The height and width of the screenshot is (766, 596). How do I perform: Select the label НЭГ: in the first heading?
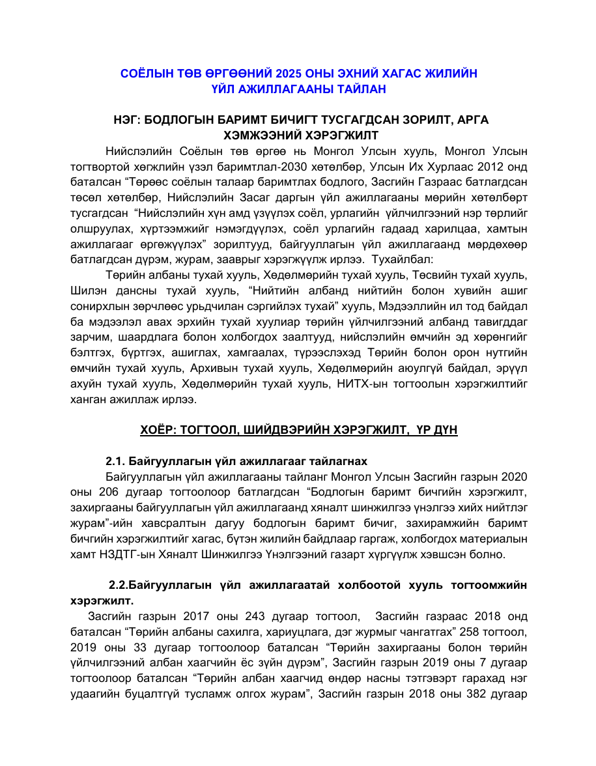[x=128, y=121]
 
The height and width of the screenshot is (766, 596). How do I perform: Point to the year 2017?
[x=198, y=616]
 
